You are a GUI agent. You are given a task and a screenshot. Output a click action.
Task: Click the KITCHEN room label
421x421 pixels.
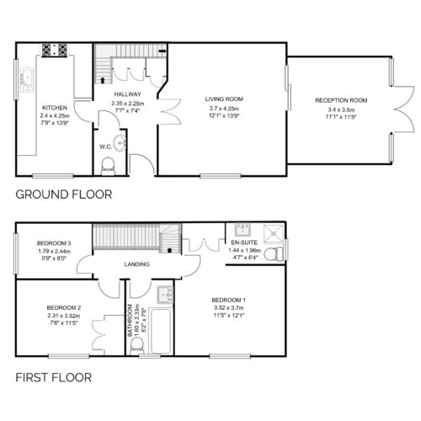[x=55, y=108]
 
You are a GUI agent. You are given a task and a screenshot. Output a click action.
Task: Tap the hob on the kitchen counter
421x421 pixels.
[x=55, y=50]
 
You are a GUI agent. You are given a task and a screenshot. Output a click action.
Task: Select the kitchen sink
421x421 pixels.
[x=27, y=80]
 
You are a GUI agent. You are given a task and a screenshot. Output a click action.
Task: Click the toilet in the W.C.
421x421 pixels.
[x=108, y=167]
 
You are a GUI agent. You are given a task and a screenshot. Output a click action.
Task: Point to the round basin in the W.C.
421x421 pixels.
[x=121, y=143]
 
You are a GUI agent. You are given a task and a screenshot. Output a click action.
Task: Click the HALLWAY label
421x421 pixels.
[x=127, y=94]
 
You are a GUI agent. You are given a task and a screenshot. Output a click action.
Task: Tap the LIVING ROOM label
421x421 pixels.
[x=224, y=99]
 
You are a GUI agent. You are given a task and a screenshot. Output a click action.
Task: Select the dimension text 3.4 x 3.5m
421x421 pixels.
[x=341, y=109]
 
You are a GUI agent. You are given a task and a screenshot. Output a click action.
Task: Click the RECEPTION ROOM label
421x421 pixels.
[x=341, y=100]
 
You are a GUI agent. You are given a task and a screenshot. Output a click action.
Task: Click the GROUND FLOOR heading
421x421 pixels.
[x=64, y=195]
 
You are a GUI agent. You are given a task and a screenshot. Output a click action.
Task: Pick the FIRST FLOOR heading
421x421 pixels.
[x=54, y=377]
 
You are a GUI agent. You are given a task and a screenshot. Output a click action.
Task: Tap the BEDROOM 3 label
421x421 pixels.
[x=54, y=243]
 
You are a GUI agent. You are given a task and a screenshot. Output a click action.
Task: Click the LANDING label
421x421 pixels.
[x=136, y=264]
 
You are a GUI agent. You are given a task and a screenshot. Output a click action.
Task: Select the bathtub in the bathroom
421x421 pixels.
[x=161, y=331]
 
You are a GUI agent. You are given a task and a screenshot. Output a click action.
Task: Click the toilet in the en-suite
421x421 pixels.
[x=274, y=253]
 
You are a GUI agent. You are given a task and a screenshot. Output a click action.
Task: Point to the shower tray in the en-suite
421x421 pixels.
[x=274, y=232]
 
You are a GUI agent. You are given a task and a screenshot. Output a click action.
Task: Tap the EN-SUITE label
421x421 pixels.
[x=244, y=242]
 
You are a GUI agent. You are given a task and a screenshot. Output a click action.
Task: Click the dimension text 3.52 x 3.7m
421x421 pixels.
[x=229, y=307]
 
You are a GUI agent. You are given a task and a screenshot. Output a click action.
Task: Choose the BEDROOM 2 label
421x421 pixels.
[x=64, y=308]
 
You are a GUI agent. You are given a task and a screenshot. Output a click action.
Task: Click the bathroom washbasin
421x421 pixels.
[x=165, y=295]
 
